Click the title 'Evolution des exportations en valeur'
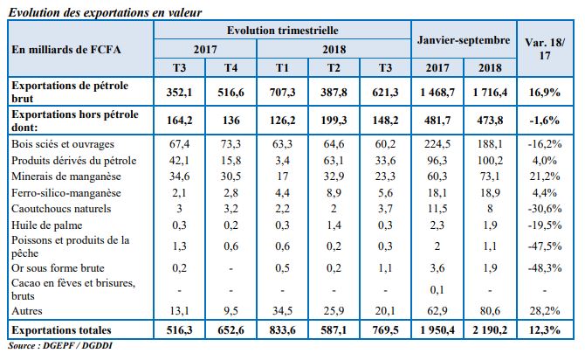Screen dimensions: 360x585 point(104,12)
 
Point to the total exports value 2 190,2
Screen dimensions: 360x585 point(485,330)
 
